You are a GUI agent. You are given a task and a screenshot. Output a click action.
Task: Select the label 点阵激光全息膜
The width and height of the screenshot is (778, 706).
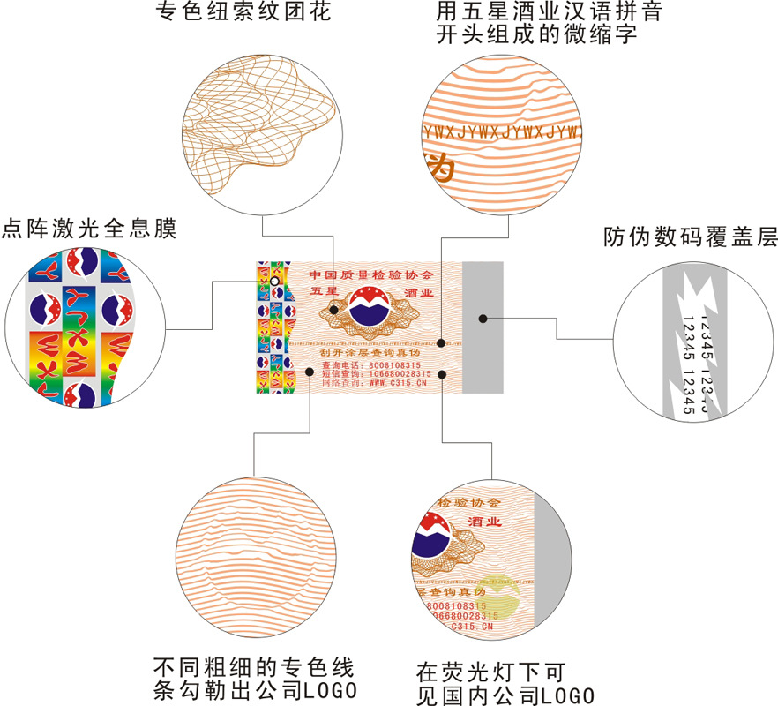[89, 229]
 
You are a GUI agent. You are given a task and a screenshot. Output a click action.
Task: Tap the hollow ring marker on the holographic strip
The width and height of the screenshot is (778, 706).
[275, 281]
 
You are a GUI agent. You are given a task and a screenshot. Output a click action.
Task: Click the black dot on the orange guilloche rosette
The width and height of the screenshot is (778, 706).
[333, 310]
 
